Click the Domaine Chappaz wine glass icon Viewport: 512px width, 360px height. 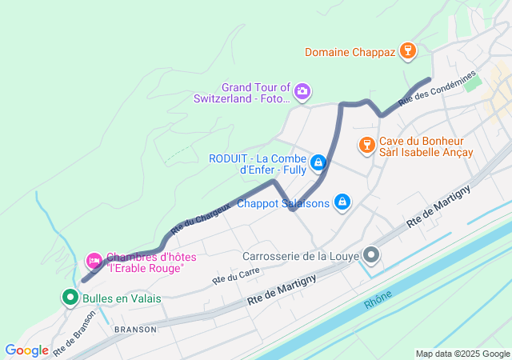[408, 52]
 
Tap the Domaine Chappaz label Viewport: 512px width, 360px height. [350, 53]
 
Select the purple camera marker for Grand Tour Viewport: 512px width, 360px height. [302, 91]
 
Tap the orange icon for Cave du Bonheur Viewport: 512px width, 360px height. [367, 145]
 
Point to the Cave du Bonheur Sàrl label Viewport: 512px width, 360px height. [426, 146]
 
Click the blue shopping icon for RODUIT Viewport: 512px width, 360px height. [318, 163]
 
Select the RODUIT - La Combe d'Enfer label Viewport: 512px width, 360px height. [258, 163]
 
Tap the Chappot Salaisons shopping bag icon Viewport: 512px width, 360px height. [342, 202]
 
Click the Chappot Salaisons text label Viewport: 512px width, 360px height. [283, 203]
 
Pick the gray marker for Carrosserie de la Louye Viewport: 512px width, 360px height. [372, 256]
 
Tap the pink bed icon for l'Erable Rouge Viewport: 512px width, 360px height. [94, 260]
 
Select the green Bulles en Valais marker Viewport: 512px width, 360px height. [70, 298]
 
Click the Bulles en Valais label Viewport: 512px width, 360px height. [121, 298]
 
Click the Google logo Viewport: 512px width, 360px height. [26, 350]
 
